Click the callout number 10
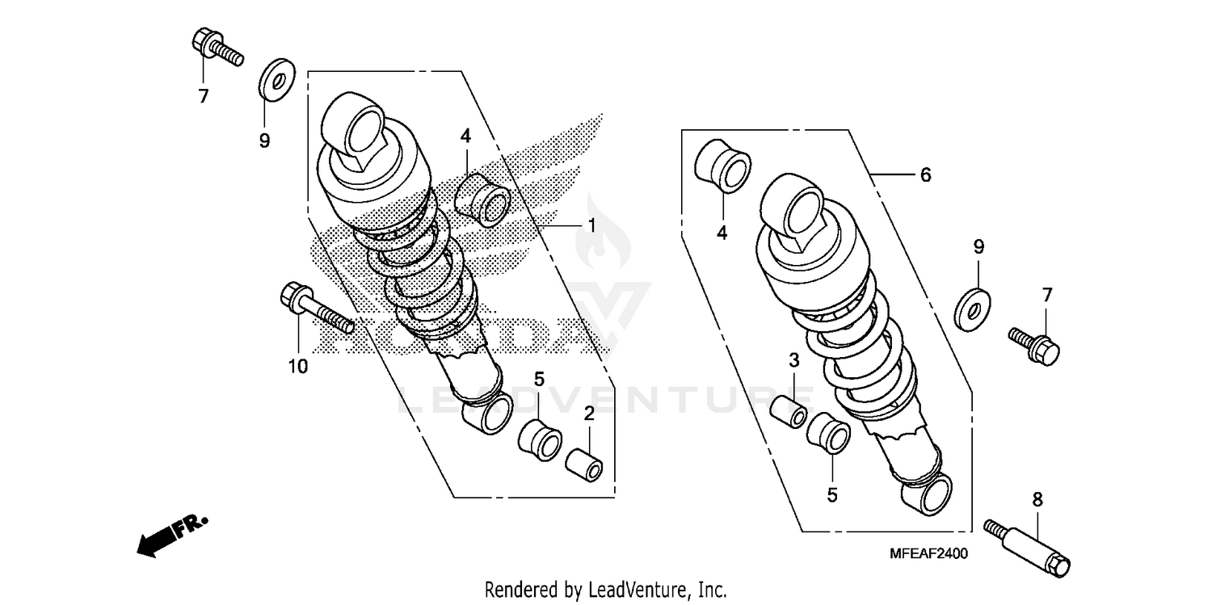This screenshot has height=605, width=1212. click(297, 367)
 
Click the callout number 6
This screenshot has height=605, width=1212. click(926, 174)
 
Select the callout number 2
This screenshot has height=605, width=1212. click(589, 414)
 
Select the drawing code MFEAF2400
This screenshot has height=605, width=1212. click(928, 553)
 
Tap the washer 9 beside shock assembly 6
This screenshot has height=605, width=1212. click(972, 306)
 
